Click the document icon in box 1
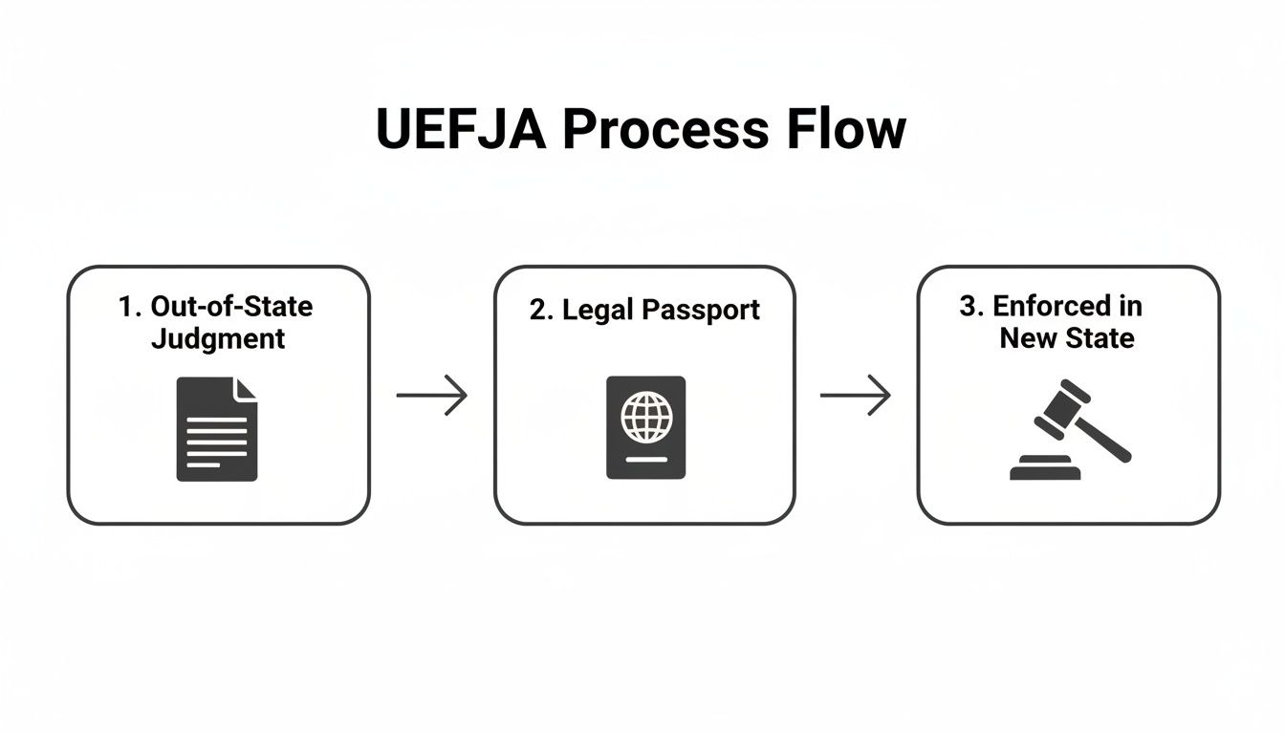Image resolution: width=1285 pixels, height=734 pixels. (217, 428)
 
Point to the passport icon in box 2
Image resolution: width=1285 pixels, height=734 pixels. (646, 427)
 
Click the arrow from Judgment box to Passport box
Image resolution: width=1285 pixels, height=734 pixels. (432, 395)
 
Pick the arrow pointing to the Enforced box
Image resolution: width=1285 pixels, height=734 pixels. (856, 395)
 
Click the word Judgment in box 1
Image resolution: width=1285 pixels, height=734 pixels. (218, 338)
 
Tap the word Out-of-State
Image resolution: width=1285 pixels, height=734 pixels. (231, 307)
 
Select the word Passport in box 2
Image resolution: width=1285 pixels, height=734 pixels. (701, 310)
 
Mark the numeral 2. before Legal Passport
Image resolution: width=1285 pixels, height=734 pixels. (540, 310)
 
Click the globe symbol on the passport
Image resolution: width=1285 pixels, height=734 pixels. (646, 416)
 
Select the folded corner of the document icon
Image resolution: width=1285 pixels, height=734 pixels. (247, 388)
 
